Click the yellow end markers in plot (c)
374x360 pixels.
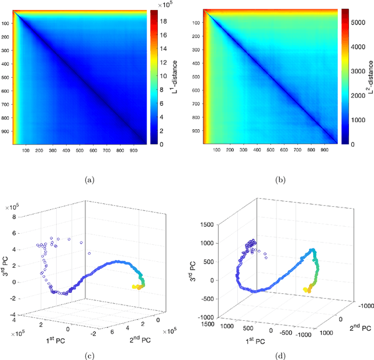point(136,286)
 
